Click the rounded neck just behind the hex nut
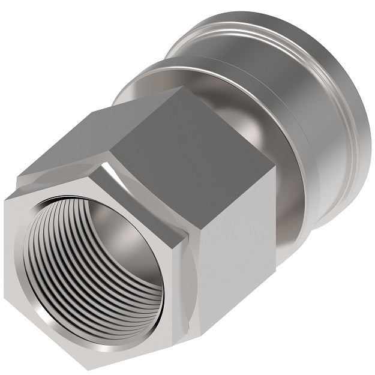pos(288,198)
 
